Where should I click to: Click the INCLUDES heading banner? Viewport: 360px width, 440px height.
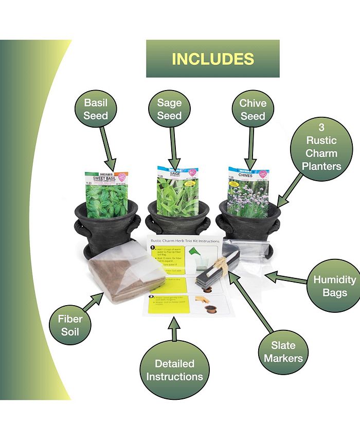click(212, 59)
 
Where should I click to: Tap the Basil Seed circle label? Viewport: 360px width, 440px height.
click(96, 109)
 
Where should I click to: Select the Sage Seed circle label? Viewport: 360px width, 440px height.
click(169, 109)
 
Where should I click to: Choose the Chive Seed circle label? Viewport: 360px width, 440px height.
click(253, 109)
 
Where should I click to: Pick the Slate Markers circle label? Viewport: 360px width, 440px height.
click(283, 350)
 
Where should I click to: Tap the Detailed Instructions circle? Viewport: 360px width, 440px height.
click(174, 369)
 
